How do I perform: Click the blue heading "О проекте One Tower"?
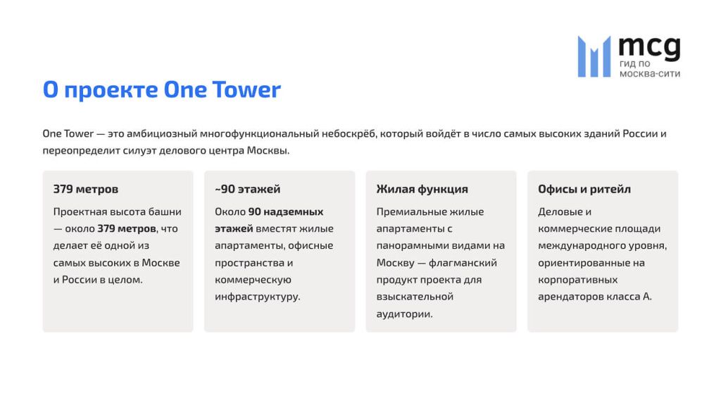(x=161, y=90)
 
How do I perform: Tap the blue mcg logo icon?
(x=594, y=56)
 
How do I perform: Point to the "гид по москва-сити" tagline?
(x=649, y=68)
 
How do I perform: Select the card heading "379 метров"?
(x=86, y=189)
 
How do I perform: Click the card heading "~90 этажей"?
(x=247, y=189)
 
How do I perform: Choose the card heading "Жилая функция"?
(x=422, y=189)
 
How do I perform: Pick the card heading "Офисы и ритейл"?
(x=584, y=189)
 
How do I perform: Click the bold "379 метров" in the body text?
(x=127, y=228)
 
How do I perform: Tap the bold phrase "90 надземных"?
(x=286, y=211)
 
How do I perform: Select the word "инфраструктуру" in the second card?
(x=257, y=297)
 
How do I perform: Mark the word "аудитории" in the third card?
(x=404, y=314)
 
